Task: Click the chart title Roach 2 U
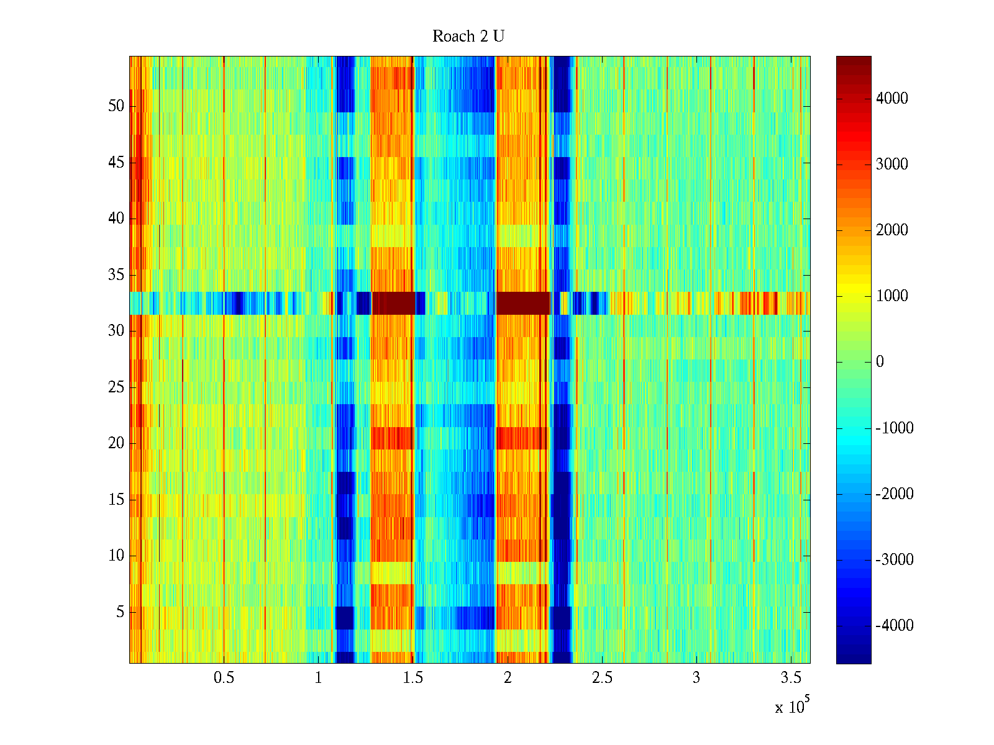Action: click(468, 37)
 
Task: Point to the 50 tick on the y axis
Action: click(116, 106)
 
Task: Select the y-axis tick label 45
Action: click(116, 163)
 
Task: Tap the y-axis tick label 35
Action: click(116, 275)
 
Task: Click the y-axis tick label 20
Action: click(116, 443)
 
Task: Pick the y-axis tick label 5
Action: click(120, 612)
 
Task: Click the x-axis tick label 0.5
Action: click(224, 678)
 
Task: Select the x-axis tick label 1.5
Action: click(413, 678)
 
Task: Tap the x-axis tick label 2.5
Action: click(602, 678)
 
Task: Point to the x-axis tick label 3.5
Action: click(791, 678)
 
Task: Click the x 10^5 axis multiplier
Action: click(792, 706)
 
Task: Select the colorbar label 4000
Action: click(891, 99)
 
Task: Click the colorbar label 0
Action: click(880, 362)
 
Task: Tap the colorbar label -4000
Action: click(894, 626)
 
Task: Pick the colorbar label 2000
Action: click(891, 230)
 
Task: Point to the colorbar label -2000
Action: click(894, 494)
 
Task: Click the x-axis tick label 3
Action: click(696, 678)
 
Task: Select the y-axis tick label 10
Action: click(116, 556)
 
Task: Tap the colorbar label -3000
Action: click(894, 560)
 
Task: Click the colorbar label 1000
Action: click(891, 296)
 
